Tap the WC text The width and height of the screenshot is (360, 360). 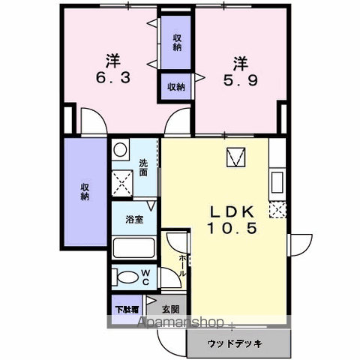pyautogui.click(x=145, y=277)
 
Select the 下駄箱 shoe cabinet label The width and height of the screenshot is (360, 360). pyautogui.click(x=126, y=308)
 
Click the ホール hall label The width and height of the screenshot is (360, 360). pyautogui.click(x=184, y=263)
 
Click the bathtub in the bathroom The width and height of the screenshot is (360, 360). pyautogui.click(x=133, y=248)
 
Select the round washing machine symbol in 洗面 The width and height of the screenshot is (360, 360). pyautogui.click(x=121, y=151)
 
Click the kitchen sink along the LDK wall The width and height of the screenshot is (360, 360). pyautogui.click(x=276, y=182)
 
